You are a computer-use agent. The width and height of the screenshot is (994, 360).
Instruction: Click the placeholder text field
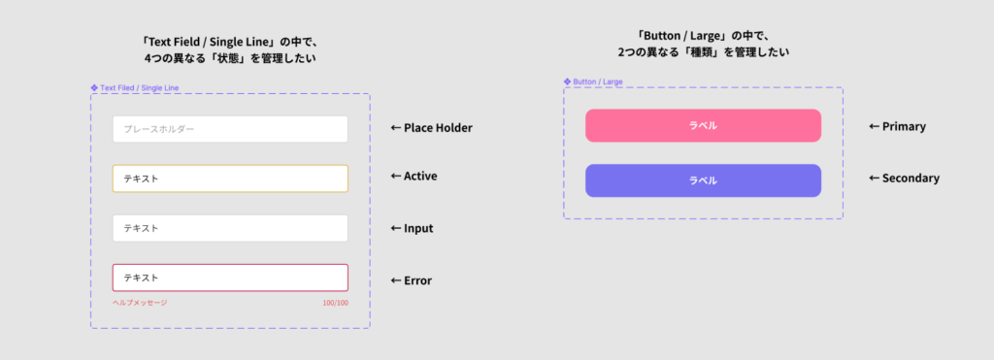pos(230,129)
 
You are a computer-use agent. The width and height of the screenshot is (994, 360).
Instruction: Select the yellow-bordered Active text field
pos(230,179)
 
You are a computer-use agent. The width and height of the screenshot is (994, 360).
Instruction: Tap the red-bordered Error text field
pos(230,278)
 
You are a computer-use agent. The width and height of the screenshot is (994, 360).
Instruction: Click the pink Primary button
pos(703,126)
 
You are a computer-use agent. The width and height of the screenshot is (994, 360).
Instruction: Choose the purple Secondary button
pos(703,180)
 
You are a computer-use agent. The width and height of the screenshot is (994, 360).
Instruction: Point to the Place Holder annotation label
pos(431,128)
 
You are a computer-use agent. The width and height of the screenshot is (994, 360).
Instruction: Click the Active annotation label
pos(414,177)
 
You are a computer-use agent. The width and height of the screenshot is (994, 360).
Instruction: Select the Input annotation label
pos(412,229)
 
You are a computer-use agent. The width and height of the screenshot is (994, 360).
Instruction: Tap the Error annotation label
pos(411,281)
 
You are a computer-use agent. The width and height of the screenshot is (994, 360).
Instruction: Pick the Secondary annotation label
pos(904,179)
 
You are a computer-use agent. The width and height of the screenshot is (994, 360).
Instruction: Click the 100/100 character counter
pos(335,303)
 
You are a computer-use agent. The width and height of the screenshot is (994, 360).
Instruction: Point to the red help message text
pos(140,303)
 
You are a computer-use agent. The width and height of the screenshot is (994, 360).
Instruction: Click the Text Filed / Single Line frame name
pos(140,88)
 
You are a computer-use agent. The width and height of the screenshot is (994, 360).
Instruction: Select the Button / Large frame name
pos(598,82)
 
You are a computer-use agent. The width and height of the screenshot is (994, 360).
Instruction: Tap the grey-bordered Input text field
pos(230,228)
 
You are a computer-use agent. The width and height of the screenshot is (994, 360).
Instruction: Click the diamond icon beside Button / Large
pos(568,82)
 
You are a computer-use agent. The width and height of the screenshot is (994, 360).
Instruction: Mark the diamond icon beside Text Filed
pos(94,88)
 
